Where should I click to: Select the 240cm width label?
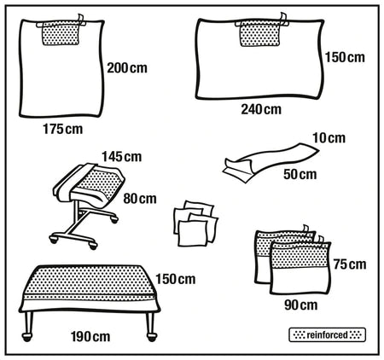click(260, 109)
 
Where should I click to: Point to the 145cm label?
click(120, 156)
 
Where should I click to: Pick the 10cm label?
click(329, 138)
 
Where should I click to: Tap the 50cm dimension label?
click(300, 174)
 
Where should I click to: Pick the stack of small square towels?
click(194, 224)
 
